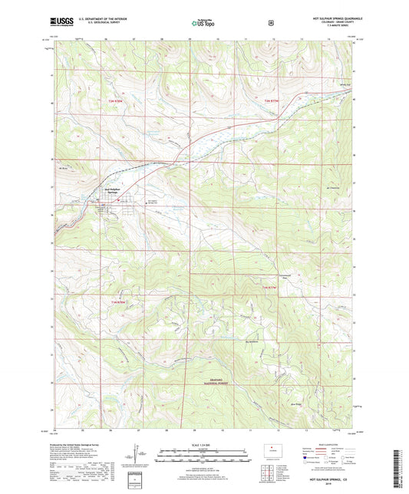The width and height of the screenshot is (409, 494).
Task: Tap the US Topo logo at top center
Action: click(x=203, y=24)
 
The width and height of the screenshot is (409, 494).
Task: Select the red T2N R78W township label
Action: click(x=114, y=101)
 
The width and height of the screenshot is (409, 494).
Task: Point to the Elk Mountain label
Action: click(x=333, y=186)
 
